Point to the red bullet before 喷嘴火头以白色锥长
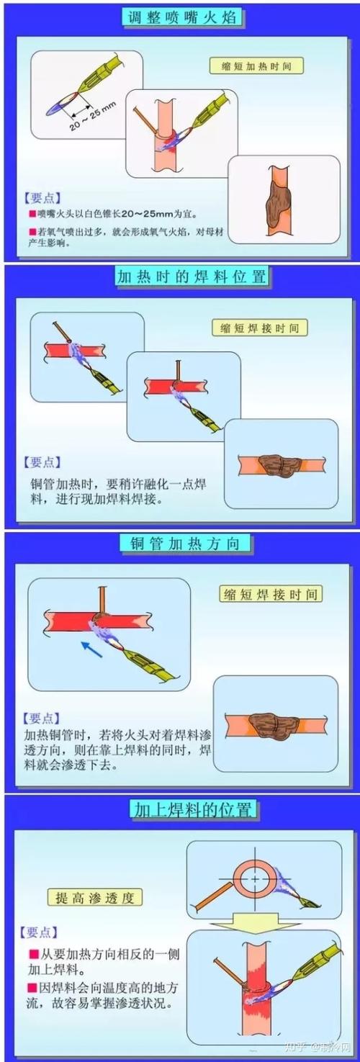(x=32, y=215)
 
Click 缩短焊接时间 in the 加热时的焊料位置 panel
(x=259, y=328)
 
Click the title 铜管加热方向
(x=180, y=543)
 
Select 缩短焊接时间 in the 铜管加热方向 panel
(x=270, y=594)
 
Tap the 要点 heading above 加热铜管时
(x=42, y=718)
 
